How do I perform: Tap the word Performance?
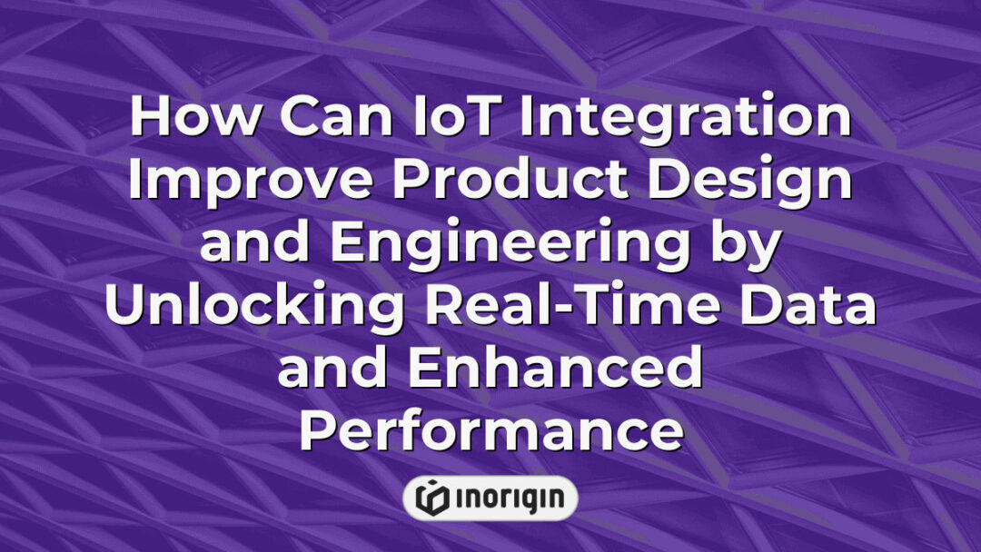pyautogui.click(x=490, y=434)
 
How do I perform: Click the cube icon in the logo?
pyautogui.click(x=431, y=498)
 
